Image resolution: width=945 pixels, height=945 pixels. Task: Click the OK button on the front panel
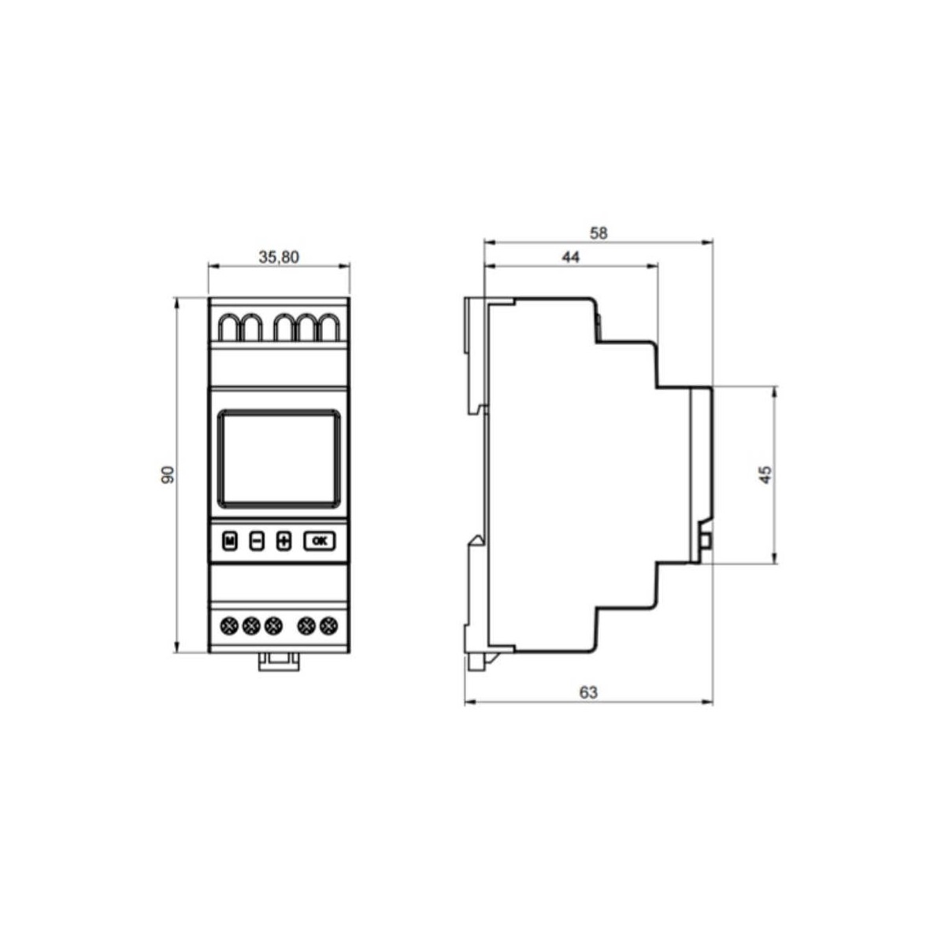[320, 541]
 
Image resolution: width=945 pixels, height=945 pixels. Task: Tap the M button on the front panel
[229, 541]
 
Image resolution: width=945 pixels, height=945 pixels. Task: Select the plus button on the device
[284, 541]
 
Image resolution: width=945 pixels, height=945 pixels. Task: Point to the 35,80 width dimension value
[279, 257]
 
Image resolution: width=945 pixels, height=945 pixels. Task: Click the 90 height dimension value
[168, 475]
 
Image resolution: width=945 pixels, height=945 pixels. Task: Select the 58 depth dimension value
[598, 233]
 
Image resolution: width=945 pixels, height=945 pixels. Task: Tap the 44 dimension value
[570, 257]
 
